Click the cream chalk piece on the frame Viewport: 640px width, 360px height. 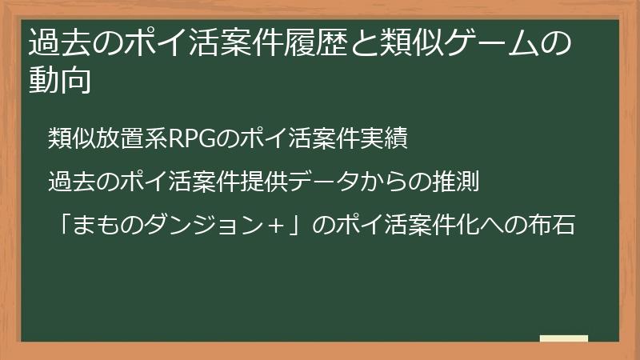coord(564,338)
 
